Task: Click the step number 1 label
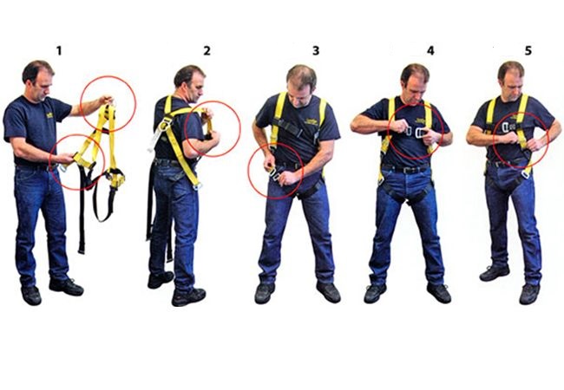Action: click(59, 51)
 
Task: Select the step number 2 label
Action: click(207, 51)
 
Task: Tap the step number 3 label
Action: click(316, 51)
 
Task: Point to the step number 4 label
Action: click(430, 50)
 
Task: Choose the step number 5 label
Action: click(528, 51)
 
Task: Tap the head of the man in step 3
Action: click(301, 85)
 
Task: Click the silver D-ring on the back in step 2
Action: click(164, 125)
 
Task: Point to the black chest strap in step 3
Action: click(288, 127)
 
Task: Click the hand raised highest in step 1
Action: click(107, 101)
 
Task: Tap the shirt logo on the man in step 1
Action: click(49, 115)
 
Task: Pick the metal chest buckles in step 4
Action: click(415, 133)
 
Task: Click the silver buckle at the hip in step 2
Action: click(198, 185)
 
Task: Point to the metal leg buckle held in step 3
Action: click(275, 174)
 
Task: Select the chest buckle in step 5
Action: click(508, 127)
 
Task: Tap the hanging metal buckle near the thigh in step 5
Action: click(525, 174)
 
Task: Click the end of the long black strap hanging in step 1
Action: click(82, 250)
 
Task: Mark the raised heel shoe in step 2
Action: click(161, 280)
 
